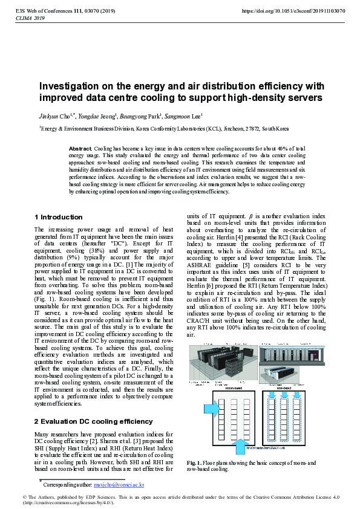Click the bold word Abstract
point(80,148)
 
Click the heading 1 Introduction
point(59,217)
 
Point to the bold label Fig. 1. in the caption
point(195,462)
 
